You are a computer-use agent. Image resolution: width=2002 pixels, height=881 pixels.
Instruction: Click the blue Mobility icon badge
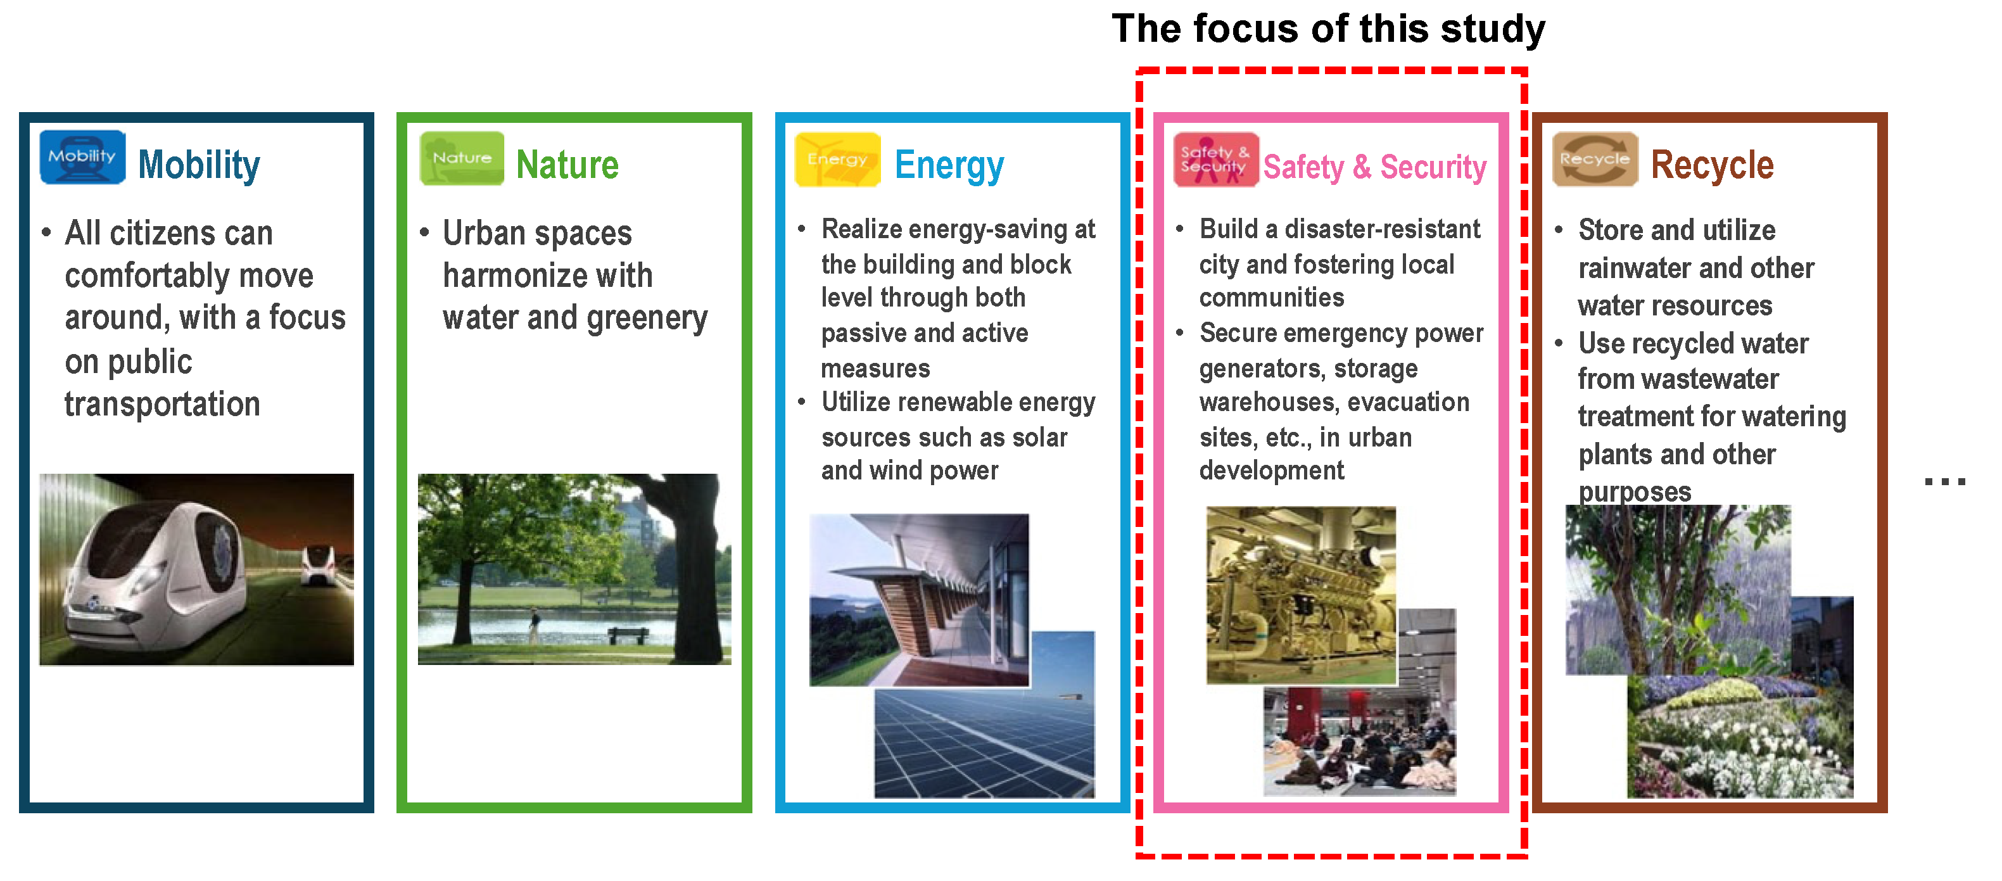point(82,157)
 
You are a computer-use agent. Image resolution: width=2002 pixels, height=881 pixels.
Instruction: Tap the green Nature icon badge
point(462,158)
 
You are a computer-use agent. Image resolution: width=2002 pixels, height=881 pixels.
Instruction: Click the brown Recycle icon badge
point(1595,159)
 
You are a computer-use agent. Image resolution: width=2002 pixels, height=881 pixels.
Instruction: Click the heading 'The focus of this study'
point(1328,30)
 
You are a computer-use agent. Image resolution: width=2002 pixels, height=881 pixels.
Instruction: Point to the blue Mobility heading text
point(199,165)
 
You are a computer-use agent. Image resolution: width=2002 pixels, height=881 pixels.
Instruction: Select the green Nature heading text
point(567,165)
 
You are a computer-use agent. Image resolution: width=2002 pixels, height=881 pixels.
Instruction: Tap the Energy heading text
point(949,165)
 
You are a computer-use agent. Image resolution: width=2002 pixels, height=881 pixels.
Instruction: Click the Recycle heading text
point(1712,165)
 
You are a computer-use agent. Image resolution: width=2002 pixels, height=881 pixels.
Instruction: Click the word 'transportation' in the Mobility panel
point(162,404)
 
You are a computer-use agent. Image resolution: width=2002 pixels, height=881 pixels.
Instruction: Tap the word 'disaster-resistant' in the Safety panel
point(1383,229)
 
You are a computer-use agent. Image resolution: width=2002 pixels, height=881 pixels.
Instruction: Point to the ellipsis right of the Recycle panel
point(1944,482)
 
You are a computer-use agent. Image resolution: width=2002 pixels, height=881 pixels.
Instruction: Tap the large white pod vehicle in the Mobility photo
point(155,575)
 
